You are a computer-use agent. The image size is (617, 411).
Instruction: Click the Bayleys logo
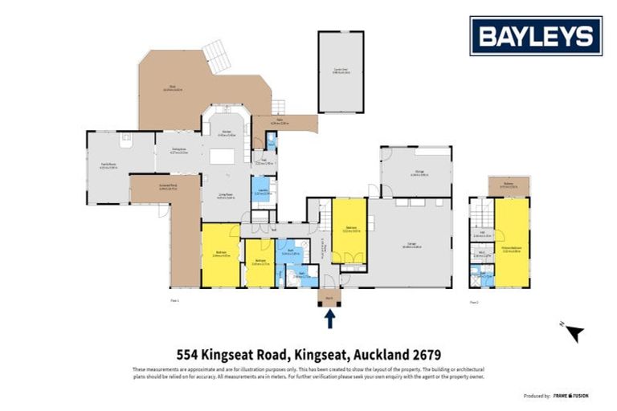[x=536, y=35]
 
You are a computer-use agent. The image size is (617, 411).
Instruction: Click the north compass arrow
[x=574, y=333]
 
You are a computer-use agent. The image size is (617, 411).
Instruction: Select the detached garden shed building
[x=341, y=71]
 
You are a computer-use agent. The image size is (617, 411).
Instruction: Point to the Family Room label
[x=108, y=166]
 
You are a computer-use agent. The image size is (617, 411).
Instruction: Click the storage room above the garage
[x=415, y=171]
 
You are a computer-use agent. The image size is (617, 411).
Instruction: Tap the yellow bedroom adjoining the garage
[x=349, y=230]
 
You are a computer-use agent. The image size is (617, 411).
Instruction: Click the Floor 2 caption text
[x=474, y=302]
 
